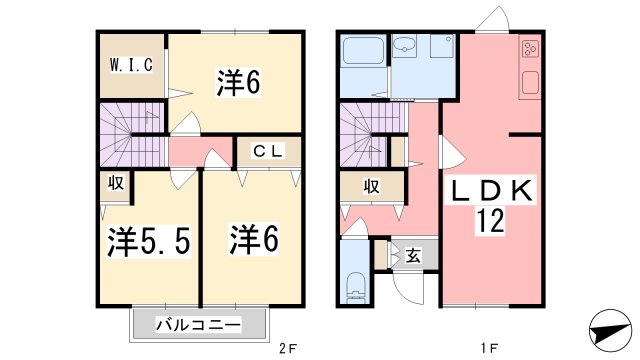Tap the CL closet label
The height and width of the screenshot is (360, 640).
pyautogui.click(x=265, y=153)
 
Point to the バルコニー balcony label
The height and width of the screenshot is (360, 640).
pyautogui.click(x=199, y=325)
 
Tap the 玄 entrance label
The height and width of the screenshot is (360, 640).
pyautogui.click(x=412, y=255)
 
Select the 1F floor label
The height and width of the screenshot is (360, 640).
pyautogui.click(x=488, y=350)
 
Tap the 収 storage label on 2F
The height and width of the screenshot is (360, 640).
pyautogui.click(x=116, y=184)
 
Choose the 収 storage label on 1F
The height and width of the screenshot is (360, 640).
pyautogui.click(x=371, y=185)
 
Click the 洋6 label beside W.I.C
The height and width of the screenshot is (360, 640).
pyautogui.click(x=238, y=84)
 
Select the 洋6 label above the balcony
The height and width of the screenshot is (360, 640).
pyautogui.click(x=252, y=240)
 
